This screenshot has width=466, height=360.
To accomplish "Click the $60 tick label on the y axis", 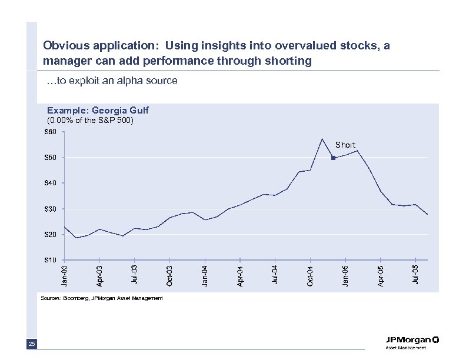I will point(51,132).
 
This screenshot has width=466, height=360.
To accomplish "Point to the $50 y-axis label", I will point(51,158).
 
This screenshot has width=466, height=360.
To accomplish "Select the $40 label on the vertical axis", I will point(51,184).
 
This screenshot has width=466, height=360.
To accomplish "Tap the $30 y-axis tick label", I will point(51,209).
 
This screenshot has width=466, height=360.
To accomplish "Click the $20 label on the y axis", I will point(51,235).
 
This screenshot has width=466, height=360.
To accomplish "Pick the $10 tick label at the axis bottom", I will point(51,260).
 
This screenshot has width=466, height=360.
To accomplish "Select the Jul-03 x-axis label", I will point(135,275).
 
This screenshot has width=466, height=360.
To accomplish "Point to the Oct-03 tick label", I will point(170,276).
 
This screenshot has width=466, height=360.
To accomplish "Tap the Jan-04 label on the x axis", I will point(205,275).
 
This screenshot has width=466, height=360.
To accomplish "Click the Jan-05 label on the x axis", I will point(345,275).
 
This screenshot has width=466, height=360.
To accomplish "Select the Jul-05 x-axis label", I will point(415,275).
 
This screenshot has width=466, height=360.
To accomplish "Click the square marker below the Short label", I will point(333,158).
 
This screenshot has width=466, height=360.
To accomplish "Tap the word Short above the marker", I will point(345,145).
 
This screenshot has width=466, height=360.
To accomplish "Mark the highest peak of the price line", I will point(322,139).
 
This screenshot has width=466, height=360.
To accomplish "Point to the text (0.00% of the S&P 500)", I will point(90,121).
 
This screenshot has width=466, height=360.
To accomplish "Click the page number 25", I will point(31,344).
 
